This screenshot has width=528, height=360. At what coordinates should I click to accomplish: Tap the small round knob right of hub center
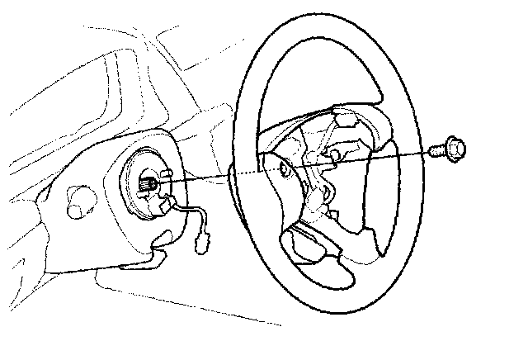(x=336, y=154)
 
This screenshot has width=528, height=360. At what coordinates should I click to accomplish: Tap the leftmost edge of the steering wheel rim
(x=234, y=165)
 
